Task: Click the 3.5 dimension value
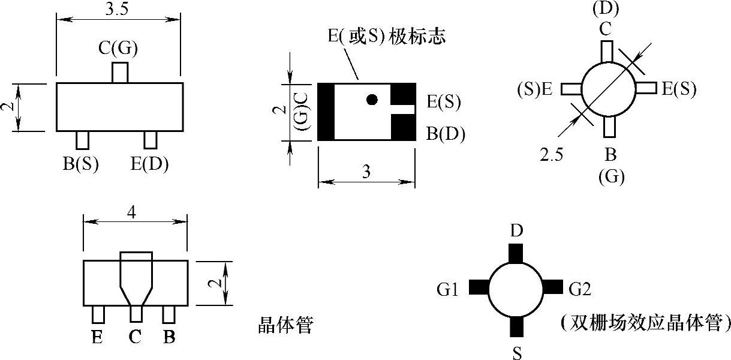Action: (118, 10)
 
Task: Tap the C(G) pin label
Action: (118, 48)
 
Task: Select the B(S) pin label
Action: (80, 163)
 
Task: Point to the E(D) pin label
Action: (149, 163)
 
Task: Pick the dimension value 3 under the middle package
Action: (366, 172)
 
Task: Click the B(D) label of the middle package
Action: (446, 133)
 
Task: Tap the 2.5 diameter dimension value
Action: (551, 155)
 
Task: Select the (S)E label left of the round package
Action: (535, 90)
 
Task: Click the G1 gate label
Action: (448, 290)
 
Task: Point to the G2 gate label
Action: (580, 290)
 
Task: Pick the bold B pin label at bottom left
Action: (170, 338)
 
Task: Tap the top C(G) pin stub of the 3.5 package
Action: (120, 72)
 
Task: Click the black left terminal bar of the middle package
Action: (326, 112)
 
